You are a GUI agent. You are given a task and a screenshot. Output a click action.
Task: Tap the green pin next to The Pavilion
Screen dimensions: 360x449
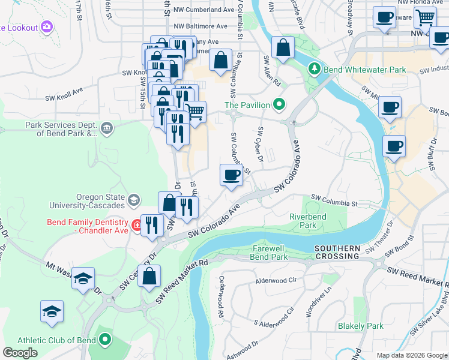click(x=279, y=105)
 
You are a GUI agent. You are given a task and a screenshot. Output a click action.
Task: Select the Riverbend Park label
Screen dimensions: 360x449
click(x=303, y=220)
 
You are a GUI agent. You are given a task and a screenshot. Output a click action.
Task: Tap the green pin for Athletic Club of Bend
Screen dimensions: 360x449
click(x=105, y=340)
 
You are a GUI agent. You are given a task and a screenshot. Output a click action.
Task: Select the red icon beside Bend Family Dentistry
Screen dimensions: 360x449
click(x=137, y=226)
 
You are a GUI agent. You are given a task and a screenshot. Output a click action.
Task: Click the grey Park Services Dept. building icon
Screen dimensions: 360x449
click(x=107, y=127)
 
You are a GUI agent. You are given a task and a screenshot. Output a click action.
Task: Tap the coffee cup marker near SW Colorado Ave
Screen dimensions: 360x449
click(x=232, y=175)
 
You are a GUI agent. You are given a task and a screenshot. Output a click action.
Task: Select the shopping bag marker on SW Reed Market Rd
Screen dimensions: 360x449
click(x=151, y=276)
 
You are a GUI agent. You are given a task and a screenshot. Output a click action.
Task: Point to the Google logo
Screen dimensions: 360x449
click(x=20, y=353)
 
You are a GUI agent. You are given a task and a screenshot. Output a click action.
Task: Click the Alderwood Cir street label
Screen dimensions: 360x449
click(x=276, y=280)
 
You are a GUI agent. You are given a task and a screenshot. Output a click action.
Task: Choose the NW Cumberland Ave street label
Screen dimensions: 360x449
click(x=203, y=11)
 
